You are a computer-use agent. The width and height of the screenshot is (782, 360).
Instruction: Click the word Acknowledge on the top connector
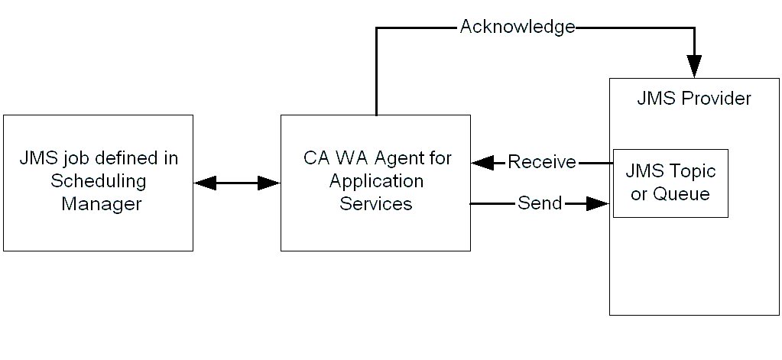pyautogui.click(x=517, y=27)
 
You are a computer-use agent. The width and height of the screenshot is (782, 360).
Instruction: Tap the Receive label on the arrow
pyautogui.click(x=541, y=162)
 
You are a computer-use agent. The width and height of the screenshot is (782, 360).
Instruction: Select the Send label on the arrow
pyautogui.click(x=539, y=203)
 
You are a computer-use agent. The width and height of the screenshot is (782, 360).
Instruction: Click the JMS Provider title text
pyautogui.click(x=693, y=99)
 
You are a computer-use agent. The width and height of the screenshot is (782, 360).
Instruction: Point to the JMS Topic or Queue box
pyautogui.click(x=670, y=183)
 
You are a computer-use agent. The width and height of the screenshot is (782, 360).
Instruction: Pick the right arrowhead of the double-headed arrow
pyautogui.click(x=268, y=183)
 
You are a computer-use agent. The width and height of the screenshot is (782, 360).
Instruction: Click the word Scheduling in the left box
pyautogui.click(x=99, y=181)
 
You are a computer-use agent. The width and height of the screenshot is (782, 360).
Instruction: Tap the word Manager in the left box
pyautogui.click(x=102, y=204)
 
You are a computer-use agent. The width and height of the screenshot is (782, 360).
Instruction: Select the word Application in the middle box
pyautogui.click(x=376, y=181)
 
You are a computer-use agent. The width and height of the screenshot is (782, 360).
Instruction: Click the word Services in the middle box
pyautogui.click(x=376, y=204)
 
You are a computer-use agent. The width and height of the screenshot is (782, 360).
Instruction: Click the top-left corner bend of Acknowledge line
pyautogui.click(x=376, y=28)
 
